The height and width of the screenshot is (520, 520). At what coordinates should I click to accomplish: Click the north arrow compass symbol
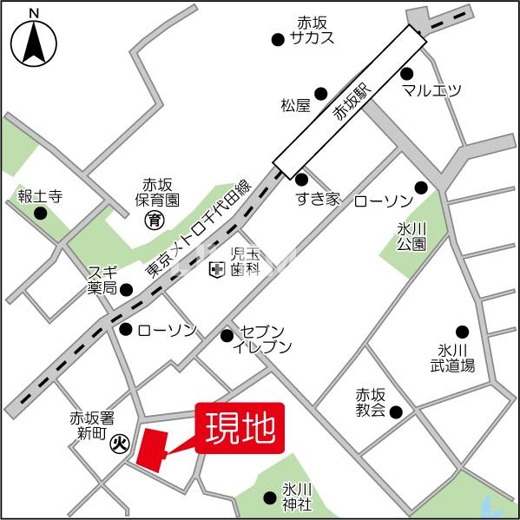click(34, 40)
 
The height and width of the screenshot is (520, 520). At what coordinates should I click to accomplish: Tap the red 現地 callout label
click(240, 427)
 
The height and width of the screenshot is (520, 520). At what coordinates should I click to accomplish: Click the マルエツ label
click(431, 90)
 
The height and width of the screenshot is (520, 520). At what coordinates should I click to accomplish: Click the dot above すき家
click(301, 180)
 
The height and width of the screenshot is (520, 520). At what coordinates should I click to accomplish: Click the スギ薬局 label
click(102, 280)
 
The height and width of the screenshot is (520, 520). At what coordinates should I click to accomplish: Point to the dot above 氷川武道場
click(462, 332)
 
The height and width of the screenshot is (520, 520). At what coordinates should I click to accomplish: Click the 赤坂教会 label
click(370, 402)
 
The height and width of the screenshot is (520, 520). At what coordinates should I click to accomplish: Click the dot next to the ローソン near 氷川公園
click(421, 188)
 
